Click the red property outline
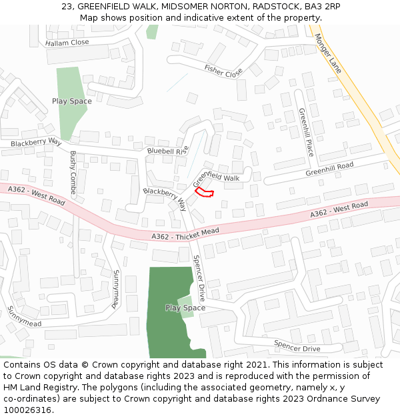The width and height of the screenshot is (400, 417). pyautogui.click(x=204, y=193)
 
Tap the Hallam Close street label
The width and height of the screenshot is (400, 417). pyautogui.click(x=67, y=43)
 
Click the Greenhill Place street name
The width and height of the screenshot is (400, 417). pyautogui.click(x=307, y=133)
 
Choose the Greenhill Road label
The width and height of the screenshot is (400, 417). pyautogui.click(x=329, y=169)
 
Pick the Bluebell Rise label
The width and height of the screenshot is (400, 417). pyautogui.click(x=168, y=151)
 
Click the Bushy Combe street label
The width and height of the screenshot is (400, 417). pyautogui.click(x=73, y=172)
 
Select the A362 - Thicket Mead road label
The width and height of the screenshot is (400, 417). pyautogui.click(x=185, y=234)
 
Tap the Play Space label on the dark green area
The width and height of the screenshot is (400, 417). pyautogui.click(x=185, y=308)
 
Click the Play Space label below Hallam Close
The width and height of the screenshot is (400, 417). pyautogui.click(x=72, y=101)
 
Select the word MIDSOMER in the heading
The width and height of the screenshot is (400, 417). pyautogui.click(x=185, y=6)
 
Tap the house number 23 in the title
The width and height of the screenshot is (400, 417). pyautogui.click(x=67, y=6)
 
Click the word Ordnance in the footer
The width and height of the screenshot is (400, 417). pyautogui.click(x=324, y=398)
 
